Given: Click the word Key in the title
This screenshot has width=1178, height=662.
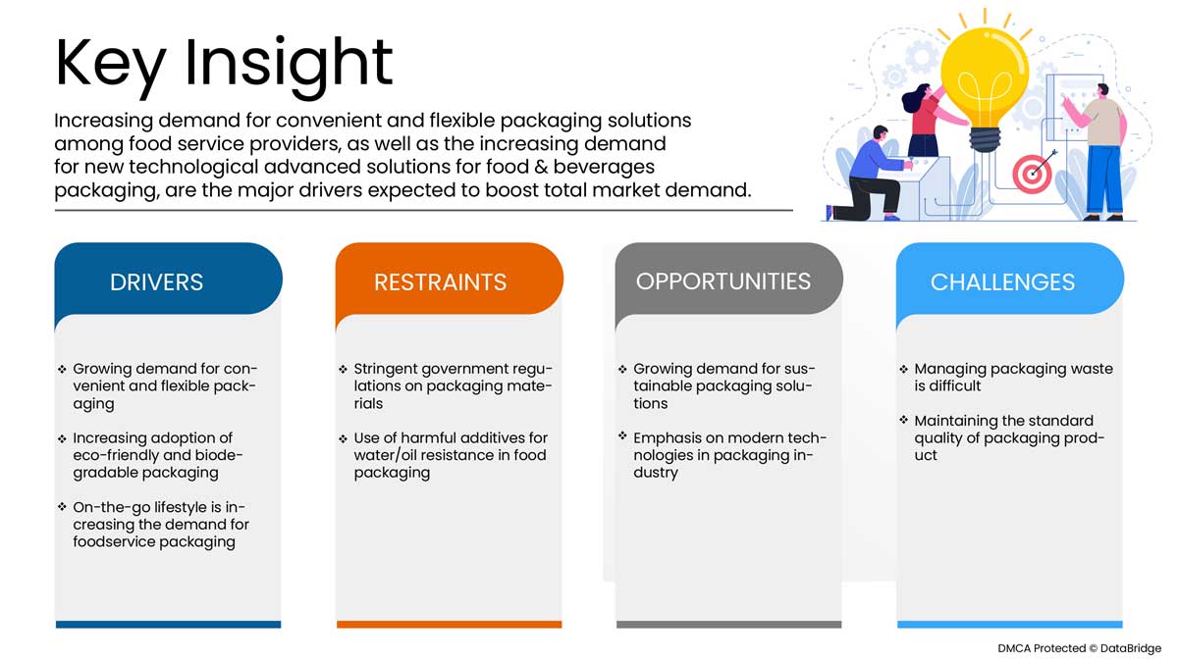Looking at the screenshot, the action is [x=110, y=65].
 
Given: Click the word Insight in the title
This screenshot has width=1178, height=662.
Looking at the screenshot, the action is [x=289, y=65].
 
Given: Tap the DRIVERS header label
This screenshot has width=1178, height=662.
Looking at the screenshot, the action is [x=156, y=282].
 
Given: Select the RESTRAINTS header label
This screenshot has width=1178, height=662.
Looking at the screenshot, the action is [x=440, y=282].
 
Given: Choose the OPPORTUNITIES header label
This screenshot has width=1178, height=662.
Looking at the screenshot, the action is [x=723, y=281].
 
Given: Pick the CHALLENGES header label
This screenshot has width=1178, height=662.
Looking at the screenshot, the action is [x=1002, y=282].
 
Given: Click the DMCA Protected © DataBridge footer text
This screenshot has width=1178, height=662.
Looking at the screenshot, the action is [x=1079, y=648].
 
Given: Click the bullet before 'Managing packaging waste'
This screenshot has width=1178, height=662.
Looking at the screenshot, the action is [x=903, y=369].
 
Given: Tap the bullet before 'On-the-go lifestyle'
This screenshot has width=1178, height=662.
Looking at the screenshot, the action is [x=62, y=507].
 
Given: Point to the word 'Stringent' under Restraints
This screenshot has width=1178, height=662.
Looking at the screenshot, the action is [x=386, y=369].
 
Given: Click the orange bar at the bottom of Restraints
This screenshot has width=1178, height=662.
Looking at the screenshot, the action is [x=450, y=624].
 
